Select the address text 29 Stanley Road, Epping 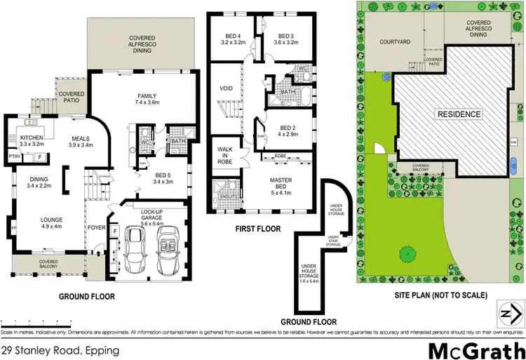click(x=60, y=349)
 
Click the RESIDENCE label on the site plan click(x=459, y=114)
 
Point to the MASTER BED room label click(x=281, y=184)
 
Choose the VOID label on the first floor click(x=227, y=88)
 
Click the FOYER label click(x=95, y=227)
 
